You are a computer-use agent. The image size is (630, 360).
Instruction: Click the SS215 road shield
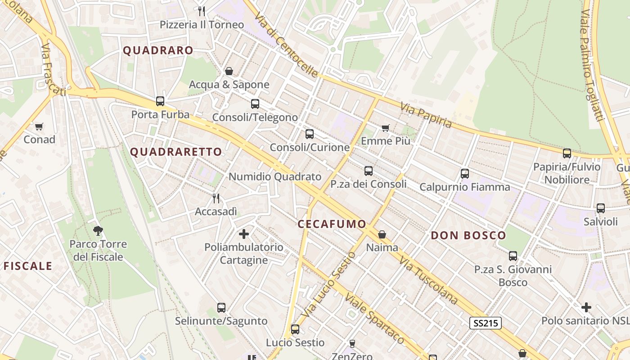pyautogui.click(x=486, y=323)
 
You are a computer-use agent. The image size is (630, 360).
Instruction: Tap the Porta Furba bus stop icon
pyautogui.click(x=160, y=101)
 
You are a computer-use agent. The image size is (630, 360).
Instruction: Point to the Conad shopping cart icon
pyautogui.click(x=39, y=127)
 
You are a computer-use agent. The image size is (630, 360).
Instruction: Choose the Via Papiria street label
pyautogui.click(x=426, y=114)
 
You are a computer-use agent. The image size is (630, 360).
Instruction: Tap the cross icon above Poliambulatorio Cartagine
pyautogui.click(x=244, y=234)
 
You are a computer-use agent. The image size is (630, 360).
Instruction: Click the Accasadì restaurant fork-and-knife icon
pyautogui.click(x=216, y=198)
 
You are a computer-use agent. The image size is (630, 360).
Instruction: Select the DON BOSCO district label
pyautogui.click(x=468, y=235)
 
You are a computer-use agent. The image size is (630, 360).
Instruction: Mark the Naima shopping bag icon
pyautogui.click(x=382, y=234)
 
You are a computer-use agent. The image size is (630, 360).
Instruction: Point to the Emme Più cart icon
pyautogui.click(x=386, y=128)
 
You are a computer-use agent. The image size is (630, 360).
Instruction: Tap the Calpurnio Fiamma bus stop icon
pyautogui.click(x=465, y=174)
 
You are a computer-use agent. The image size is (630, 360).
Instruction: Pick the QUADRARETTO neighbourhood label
pyautogui.click(x=176, y=152)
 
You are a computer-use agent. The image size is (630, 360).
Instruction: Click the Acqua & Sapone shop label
pyautogui.click(x=229, y=85)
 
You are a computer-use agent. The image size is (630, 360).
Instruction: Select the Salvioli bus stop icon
pyautogui.click(x=601, y=208)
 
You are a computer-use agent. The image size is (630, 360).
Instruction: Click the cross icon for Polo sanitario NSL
pyautogui.click(x=586, y=307)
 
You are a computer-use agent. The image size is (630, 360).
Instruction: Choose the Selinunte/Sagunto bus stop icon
pyautogui.click(x=221, y=308)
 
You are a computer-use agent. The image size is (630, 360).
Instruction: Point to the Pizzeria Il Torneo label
pyautogui.click(x=202, y=25)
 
